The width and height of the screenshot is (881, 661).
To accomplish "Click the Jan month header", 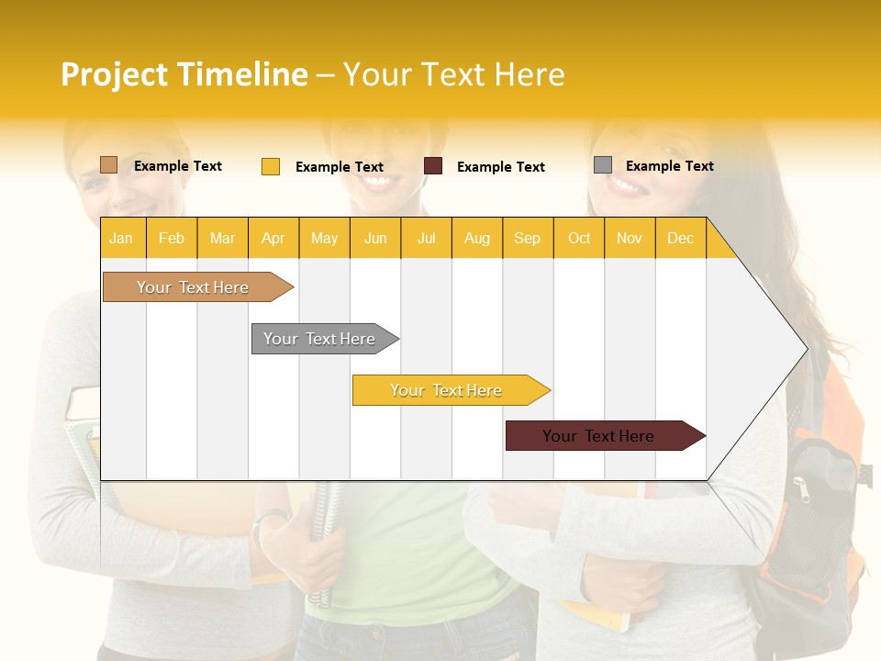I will point(121,238).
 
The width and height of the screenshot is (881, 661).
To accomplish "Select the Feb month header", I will point(172,238).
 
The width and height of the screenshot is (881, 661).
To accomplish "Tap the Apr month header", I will point(273,238).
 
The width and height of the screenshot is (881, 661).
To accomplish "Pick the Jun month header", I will point(375,238).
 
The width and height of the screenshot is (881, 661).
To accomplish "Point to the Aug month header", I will point(477,238).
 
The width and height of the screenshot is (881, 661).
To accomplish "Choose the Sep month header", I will point(528,238).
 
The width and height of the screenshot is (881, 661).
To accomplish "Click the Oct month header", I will point(579,238).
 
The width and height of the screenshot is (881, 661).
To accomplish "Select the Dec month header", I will point(681,238).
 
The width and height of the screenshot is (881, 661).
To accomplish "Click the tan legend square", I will point(108,165).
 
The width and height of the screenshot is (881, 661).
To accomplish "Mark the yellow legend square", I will point(270,166).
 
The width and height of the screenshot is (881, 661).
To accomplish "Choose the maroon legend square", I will point(433,166).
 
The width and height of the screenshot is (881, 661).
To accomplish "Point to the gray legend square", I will point(603,165).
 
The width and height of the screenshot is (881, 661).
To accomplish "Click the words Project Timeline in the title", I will point(184,74).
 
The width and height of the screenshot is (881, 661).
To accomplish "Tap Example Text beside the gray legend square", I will point(670,166).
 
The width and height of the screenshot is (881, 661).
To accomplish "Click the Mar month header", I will point(222,238).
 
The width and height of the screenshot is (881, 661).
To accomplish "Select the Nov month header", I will point(630,238).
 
